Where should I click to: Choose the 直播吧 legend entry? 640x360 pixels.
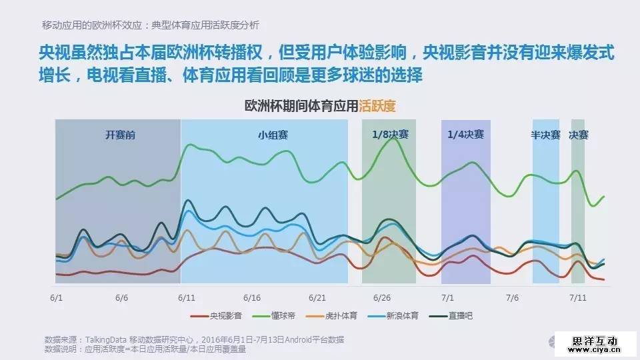tap(460, 316)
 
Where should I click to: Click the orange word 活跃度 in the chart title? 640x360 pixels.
tap(377, 106)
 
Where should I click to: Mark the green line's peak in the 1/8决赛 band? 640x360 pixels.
tap(391, 138)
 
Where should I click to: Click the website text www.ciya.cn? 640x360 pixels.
tap(597, 348)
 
